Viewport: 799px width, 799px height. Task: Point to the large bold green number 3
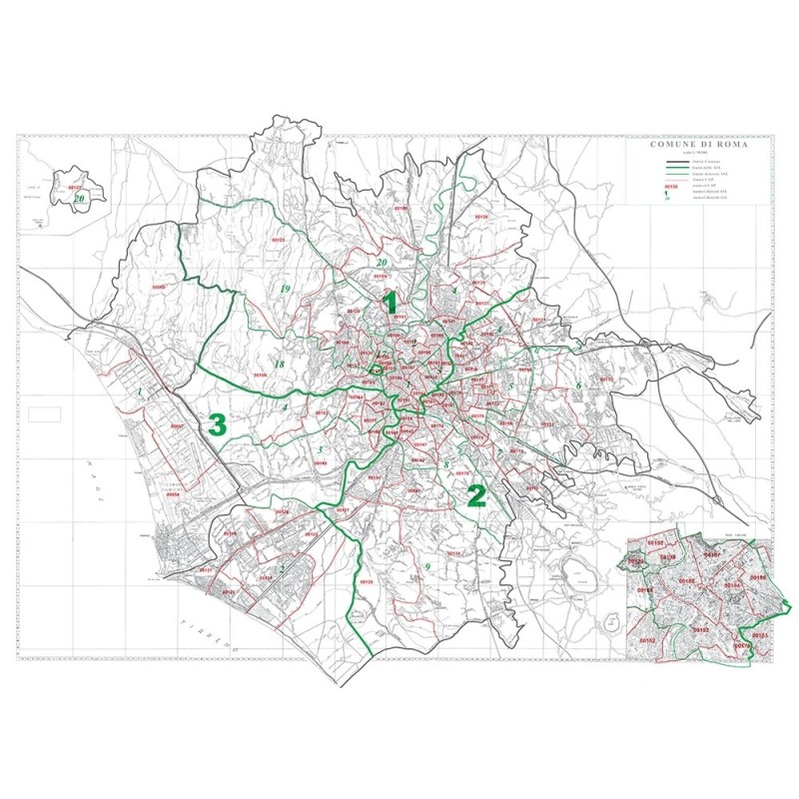[x=219, y=424]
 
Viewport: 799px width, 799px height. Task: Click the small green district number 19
[x=285, y=289]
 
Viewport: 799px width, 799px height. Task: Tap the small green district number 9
[x=426, y=567]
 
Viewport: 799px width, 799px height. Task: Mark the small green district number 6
[x=578, y=385]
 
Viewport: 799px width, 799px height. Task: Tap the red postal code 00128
[x=366, y=581]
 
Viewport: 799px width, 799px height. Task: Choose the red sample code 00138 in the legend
[x=671, y=186]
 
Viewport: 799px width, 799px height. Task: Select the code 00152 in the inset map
[x=647, y=639]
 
